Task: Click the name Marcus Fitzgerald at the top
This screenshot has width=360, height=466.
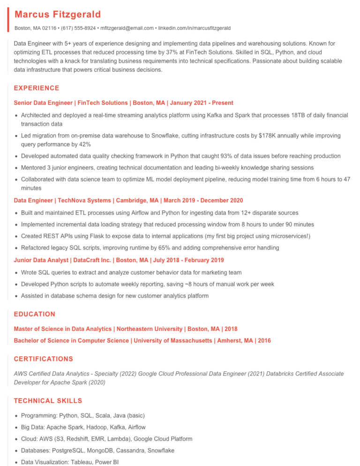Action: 58,15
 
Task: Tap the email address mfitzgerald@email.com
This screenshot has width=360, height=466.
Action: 127,28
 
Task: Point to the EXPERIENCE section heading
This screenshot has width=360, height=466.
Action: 37,88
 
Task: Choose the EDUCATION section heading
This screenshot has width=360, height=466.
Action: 35,314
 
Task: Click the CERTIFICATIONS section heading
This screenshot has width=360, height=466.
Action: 44,359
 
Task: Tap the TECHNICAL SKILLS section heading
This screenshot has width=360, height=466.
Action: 48,401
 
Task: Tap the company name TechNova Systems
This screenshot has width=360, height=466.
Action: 83,201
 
